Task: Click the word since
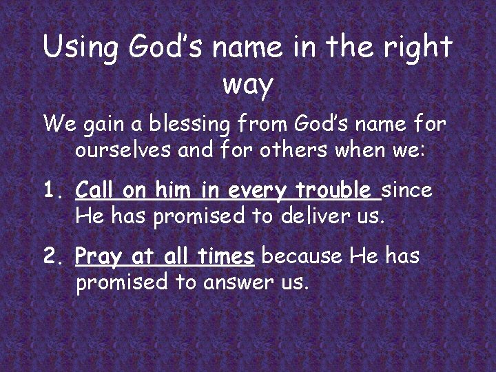(408, 189)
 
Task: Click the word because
(303, 257)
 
